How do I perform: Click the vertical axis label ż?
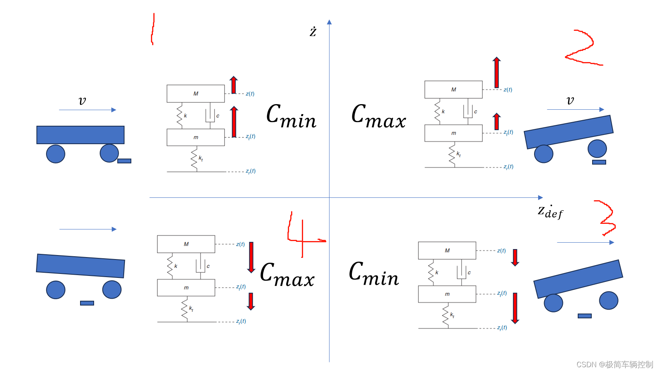point(313,32)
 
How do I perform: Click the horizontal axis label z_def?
point(550,212)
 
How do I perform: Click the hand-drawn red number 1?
point(153,29)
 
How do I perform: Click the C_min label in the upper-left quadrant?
point(291,116)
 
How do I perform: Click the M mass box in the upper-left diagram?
point(196,93)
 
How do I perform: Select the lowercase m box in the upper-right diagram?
point(453,133)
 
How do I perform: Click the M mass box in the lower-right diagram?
point(447,250)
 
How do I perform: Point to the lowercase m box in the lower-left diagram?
point(186,288)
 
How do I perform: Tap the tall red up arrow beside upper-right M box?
point(496,72)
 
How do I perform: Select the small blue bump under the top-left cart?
point(124,161)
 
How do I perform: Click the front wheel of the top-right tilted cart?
point(597,149)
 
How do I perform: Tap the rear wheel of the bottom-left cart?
point(56,290)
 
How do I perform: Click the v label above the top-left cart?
point(82,101)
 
